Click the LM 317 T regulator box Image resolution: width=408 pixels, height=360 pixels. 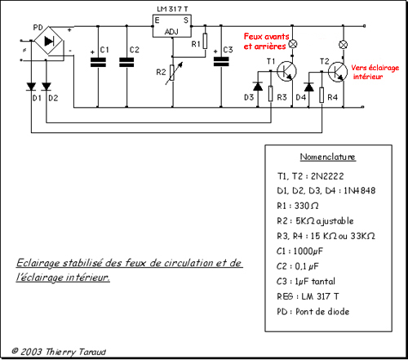(x=172, y=26)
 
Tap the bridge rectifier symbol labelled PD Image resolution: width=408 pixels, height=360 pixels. (x=49, y=41)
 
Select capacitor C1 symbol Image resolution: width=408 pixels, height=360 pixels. (x=98, y=62)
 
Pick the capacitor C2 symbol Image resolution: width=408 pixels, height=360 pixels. (x=126, y=62)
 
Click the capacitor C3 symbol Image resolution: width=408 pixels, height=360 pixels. (x=221, y=62)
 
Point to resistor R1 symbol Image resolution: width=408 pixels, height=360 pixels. (x=205, y=41)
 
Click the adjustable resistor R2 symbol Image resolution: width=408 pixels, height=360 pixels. (x=172, y=73)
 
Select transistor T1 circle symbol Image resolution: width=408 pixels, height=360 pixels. (x=286, y=71)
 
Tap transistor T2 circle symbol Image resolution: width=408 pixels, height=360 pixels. (x=338, y=72)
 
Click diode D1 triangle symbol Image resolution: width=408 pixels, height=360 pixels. (x=31, y=87)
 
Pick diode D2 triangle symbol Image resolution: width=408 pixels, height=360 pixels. (x=47, y=87)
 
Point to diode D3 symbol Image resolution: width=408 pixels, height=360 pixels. (x=258, y=87)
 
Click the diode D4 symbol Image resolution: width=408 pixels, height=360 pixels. (x=308, y=87)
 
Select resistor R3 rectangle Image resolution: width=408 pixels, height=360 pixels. (x=271, y=94)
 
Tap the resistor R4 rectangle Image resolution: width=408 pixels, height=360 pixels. (x=322, y=95)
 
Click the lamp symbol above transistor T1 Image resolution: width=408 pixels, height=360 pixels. (x=292, y=44)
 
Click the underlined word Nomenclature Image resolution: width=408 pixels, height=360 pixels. (x=328, y=157)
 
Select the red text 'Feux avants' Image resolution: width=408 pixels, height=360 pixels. (x=266, y=37)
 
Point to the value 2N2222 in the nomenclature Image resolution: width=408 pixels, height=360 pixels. (x=327, y=176)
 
